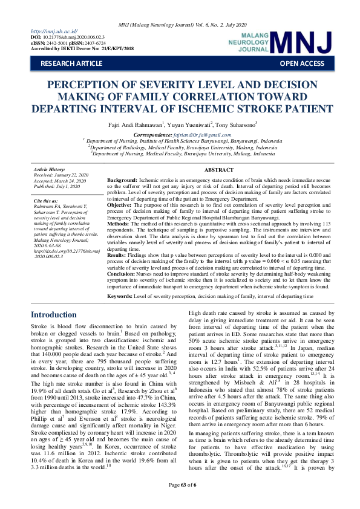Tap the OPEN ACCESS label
coord(301,63)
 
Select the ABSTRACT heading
coord(220,171)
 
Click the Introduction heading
coord(54,314)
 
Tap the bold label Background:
coord(122,181)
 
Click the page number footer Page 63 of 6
coord(180,501)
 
